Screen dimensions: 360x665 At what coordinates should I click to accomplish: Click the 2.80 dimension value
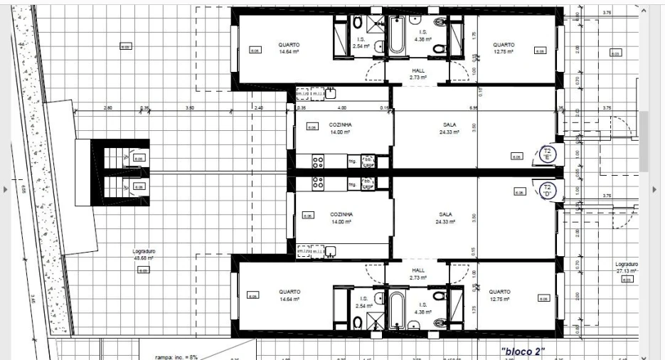[x=108, y=109]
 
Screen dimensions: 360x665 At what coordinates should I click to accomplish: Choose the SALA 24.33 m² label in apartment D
[x=445, y=217]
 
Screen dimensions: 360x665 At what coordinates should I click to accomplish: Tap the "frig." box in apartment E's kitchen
[x=352, y=162]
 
